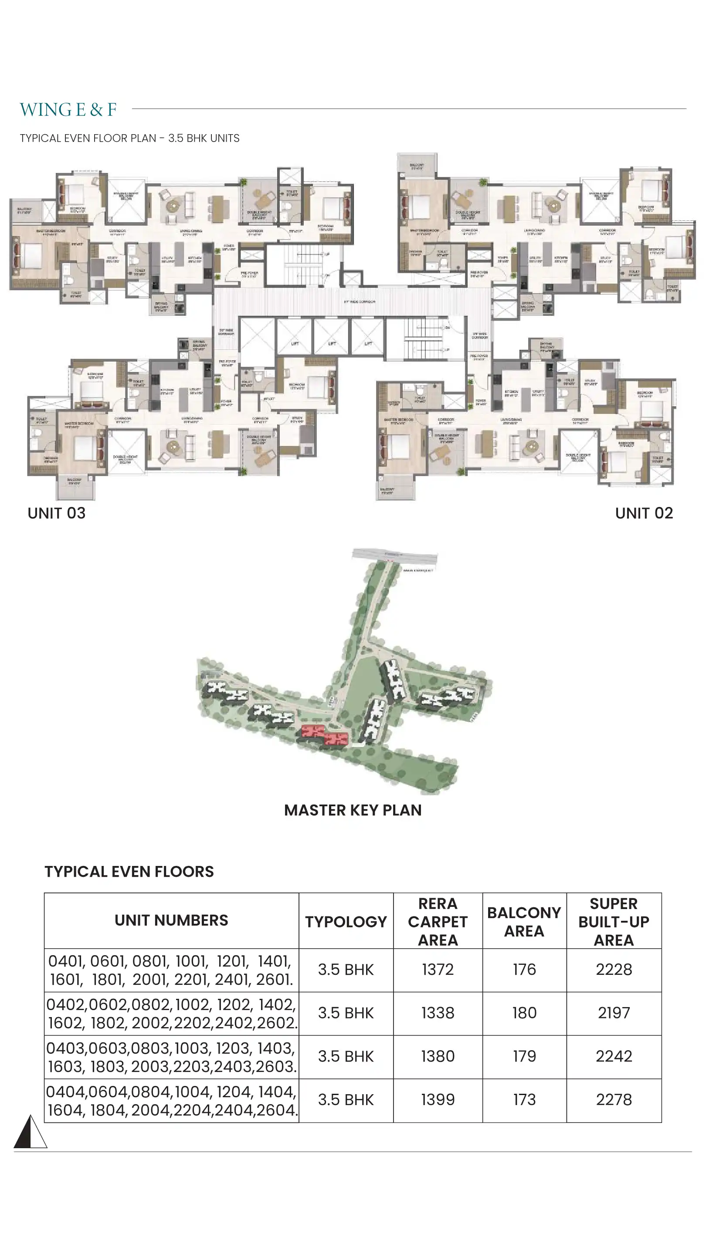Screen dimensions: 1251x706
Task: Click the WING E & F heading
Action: (68, 110)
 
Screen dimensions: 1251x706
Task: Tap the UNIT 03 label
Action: (56, 513)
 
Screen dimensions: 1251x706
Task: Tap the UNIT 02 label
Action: (644, 513)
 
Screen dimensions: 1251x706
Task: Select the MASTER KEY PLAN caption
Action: (353, 810)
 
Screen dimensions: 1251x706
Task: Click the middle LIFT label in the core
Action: (332, 343)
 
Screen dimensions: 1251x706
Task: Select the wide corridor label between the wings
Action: (360, 301)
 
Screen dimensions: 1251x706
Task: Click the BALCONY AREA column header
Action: (524, 922)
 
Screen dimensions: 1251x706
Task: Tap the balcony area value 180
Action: (524, 1013)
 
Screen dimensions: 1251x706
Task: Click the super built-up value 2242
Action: (614, 1056)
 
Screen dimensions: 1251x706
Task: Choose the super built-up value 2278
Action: (614, 1099)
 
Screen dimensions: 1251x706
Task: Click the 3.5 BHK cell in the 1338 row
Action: (346, 1013)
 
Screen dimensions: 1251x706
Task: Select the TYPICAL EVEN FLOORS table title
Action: (129, 872)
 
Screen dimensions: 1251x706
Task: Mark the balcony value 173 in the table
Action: (524, 1099)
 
